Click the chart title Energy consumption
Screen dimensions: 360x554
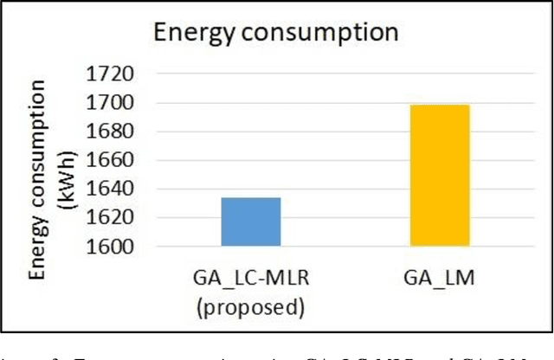tap(275, 33)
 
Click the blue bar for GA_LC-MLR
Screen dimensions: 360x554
tap(251, 222)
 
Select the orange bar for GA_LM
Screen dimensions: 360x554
tap(440, 176)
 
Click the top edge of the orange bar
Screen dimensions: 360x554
tap(440, 106)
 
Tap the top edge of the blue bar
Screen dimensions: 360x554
tap(251, 198)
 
